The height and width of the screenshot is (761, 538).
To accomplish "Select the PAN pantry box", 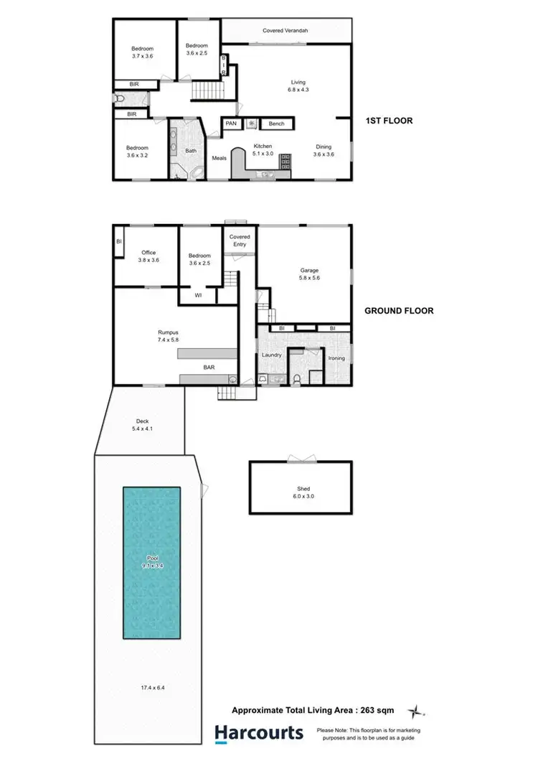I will coord(231,123).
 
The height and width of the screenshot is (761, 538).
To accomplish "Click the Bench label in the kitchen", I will coord(276,123).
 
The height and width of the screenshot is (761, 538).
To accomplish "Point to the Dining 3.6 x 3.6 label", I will coord(324,150).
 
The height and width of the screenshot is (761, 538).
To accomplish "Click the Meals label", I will coord(220,159).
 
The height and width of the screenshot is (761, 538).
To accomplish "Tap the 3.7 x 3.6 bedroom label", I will coord(142,52).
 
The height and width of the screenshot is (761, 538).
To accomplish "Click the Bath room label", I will coord(191,151).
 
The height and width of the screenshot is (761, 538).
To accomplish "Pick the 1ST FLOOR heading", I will coord(389,121).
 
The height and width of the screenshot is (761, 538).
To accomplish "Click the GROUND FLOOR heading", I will coord(398,311).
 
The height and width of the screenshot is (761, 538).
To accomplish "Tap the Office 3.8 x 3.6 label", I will coord(148,256).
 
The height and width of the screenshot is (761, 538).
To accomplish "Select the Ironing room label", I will coord(336,358).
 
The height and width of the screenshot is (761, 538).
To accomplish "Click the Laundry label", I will coord(272,355).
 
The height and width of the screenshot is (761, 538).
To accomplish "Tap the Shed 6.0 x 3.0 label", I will coord(302,492).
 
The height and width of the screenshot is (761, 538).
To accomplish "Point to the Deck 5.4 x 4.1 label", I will coord(143,425).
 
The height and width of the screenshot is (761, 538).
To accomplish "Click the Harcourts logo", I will coord(259,732).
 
